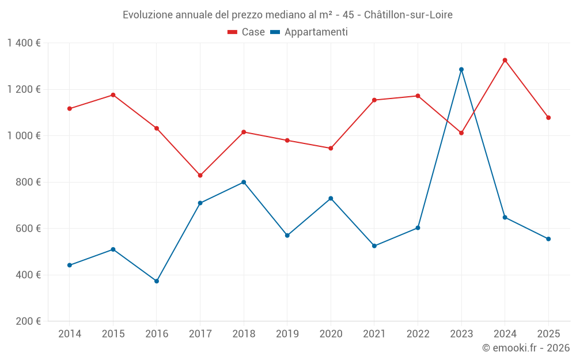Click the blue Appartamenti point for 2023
461,70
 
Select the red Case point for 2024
505,60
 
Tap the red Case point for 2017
200,175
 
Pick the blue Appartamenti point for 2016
157,281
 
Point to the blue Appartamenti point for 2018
244,182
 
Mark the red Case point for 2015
113,95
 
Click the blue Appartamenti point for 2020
331,198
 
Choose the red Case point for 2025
548,118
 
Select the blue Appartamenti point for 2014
70,265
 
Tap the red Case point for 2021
374,100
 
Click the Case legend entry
247,32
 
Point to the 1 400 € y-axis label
24,43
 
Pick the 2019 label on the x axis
287,334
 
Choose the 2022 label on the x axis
418,334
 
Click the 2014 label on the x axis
70,334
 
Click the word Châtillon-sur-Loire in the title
408,14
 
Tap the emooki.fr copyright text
526,348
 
